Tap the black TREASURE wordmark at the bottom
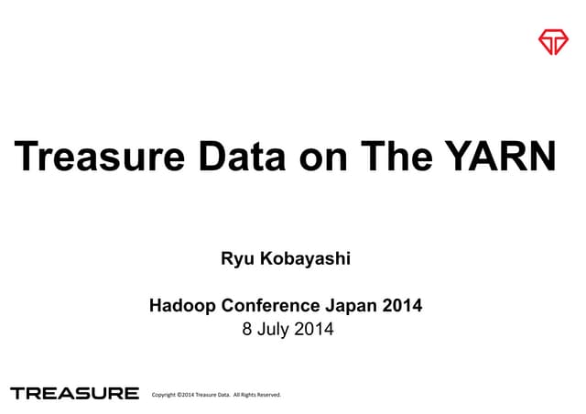coord(74,394)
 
